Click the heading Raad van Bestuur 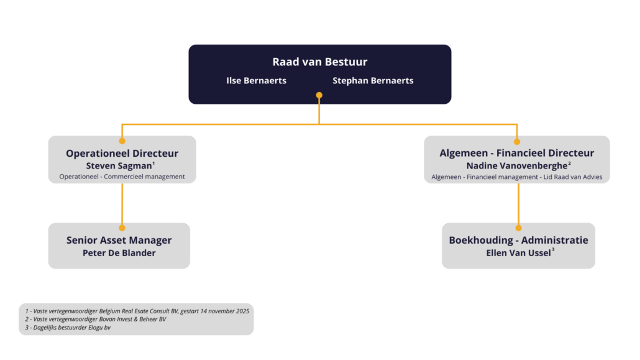pos(319,62)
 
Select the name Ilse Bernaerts pos(256,80)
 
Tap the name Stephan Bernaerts pos(373,80)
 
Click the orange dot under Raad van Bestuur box pos(319,95)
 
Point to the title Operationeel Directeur pos(122,153)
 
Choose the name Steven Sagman pos(119,166)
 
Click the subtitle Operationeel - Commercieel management pos(122,177)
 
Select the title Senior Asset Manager pos(119,240)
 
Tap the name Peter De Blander pos(119,253)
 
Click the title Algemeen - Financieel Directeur pos(516,153)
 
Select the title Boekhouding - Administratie pos(518,240)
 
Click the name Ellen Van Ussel pos(518,253)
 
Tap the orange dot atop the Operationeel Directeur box pos(122,141)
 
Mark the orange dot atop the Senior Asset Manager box pos(122,228)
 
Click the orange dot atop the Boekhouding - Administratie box pos(518,228)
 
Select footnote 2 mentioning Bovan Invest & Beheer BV pos(96,319)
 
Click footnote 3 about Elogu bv pos(68,327)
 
